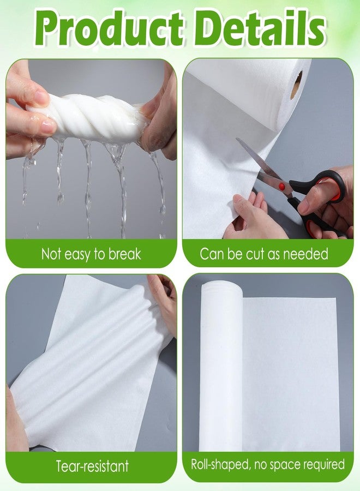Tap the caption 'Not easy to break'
coord(91,254)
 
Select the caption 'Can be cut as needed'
coord(264,254)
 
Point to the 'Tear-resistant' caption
coord(92,466)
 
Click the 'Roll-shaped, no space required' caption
coord(268,465)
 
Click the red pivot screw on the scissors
coord(282,187)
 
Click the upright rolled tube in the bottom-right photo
coord(221,366)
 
